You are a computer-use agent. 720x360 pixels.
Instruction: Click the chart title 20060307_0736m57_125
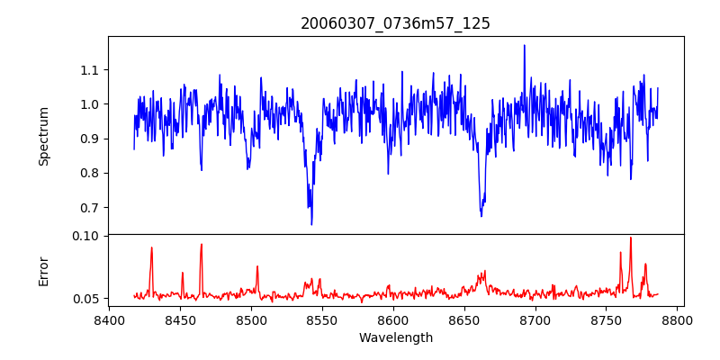click(x=395, y=23)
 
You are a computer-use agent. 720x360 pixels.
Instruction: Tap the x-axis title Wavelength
click(x=395, y=337)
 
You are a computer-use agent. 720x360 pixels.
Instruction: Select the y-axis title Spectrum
click(x=43, y=136)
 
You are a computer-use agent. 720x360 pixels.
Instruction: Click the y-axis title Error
click(x=43, y=271)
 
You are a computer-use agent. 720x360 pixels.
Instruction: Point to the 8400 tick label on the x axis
click(x=108, y=319)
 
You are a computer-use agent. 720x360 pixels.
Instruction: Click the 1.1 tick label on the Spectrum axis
click(x=90, y=70)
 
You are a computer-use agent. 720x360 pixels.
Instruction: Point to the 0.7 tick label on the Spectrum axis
click(x=90, y=208)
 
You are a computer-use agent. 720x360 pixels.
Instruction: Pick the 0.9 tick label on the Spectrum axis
click(x=90, y=139)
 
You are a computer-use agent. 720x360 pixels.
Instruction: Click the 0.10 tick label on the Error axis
click(x=87, y=236)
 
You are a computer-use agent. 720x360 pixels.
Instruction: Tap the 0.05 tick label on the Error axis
click(x=87, y=298)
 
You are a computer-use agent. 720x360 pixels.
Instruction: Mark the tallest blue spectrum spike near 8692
click(x=524, y=46)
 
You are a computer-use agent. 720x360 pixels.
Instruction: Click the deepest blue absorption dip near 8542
click(x=311, y=223)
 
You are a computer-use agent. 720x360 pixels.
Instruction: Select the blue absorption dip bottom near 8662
click(x=481, y=216)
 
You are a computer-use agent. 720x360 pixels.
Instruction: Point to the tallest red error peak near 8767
click(x=630, y=238)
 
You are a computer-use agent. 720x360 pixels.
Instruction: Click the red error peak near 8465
click(x=201, y=245)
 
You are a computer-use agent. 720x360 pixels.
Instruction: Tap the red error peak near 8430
click(x=151, y=247)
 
